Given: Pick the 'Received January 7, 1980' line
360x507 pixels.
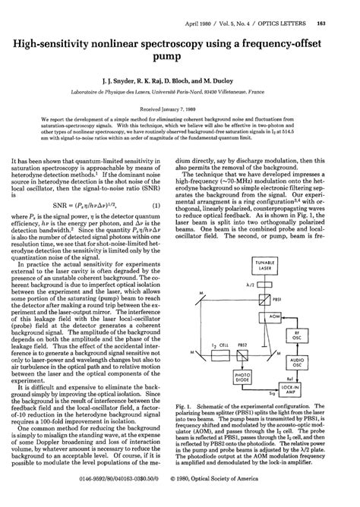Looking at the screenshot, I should click(x=180, y=107).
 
